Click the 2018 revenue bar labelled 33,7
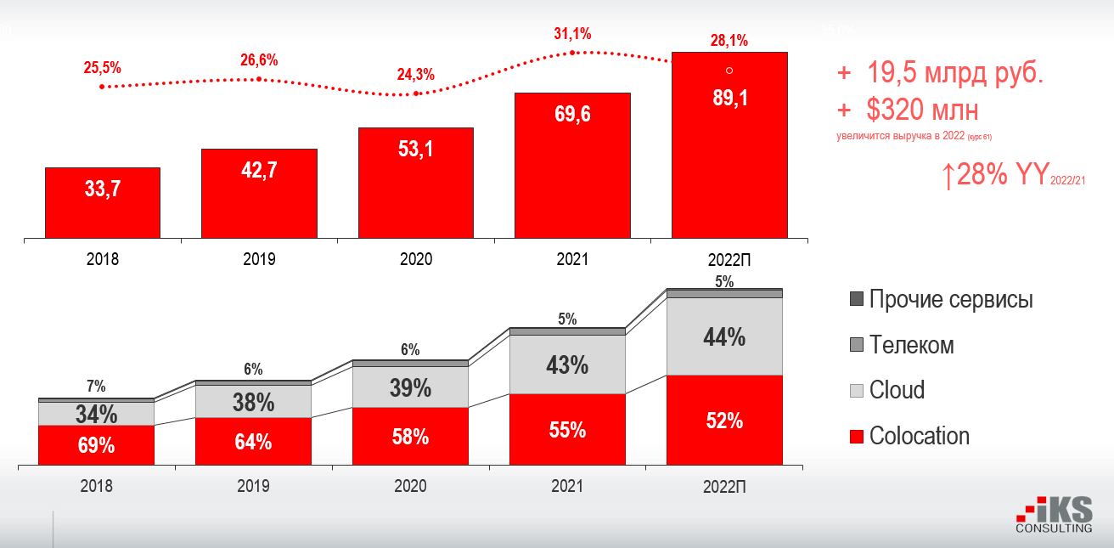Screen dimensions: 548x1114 click(103, 202)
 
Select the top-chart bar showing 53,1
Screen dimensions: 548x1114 click(415, 183)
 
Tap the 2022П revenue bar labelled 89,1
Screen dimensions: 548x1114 click(729, 144)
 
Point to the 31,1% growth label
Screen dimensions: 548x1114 click(572, 34)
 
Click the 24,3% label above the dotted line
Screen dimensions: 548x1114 click(416, 75)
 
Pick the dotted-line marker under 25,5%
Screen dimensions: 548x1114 click(102, 87)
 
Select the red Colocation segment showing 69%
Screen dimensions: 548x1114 click(96, 444)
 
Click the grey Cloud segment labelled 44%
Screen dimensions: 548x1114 click(724, 337)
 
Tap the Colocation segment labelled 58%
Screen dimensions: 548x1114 click(410, 436)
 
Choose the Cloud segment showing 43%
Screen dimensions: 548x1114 click(566, 365)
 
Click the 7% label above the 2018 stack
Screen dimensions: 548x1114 click(96, 387)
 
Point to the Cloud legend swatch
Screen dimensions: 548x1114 click(856, 391)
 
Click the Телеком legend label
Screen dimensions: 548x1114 click(911, 346)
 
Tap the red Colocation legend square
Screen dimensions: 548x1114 click(856, 437)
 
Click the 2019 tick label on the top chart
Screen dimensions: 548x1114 click(259, 259)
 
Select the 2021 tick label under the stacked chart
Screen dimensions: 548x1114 click(566, 487)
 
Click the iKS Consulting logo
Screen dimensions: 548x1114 click(1054, 517)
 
